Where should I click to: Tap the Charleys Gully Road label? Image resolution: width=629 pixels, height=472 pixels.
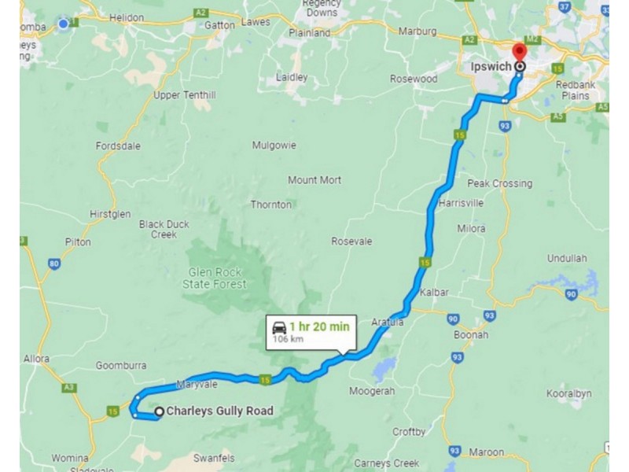[x=219, y=411]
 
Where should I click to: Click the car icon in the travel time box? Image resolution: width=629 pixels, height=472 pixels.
[x=279, y=327]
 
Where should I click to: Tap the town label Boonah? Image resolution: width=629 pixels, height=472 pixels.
[x=471, y=334]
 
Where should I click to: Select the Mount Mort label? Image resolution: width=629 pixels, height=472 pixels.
[x=314, y=180]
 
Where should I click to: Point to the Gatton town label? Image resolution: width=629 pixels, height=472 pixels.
[x=219, y=25]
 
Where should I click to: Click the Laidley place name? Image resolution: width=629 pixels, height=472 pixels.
[x=292, y=77]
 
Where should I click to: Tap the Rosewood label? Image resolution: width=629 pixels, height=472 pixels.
[x=414, y=79]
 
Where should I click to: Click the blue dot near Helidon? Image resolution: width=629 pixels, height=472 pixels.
[x=63, y=24]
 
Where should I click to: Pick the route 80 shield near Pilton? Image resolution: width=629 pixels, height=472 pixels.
[x=53, y=264]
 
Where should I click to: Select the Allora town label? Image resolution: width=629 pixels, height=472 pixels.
[x=35, y=359]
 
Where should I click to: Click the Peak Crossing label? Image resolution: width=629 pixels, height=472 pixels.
[x=499, y=183]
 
